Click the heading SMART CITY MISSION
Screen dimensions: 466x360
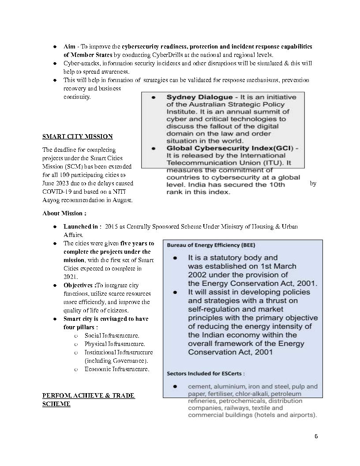77,136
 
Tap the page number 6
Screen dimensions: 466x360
316,436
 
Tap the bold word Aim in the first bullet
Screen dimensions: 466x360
69,46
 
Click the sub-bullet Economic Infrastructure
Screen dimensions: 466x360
116,369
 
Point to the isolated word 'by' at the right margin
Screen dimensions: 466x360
313,184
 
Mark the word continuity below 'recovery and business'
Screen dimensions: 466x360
77,97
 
